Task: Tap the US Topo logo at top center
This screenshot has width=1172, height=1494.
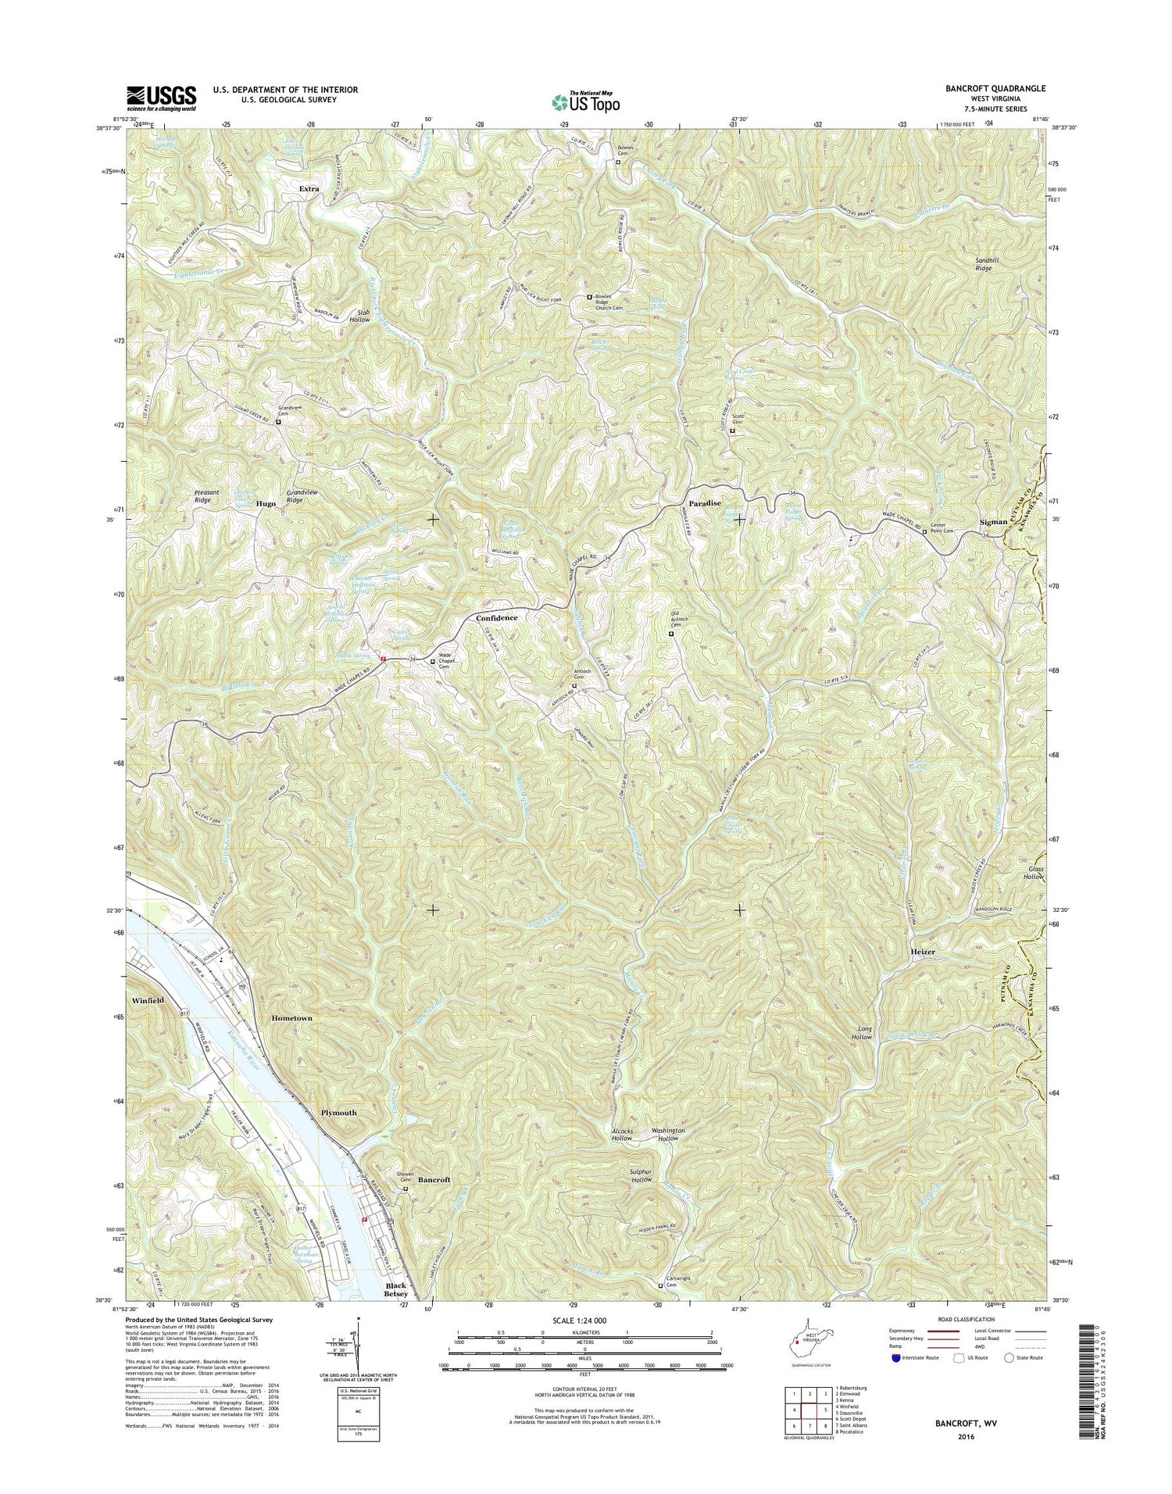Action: click(586, 101)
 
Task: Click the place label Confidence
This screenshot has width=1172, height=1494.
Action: click(496, 618)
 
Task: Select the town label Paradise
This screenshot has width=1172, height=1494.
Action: click(704, 504)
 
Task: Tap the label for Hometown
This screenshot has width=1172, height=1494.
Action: click(291, 1019)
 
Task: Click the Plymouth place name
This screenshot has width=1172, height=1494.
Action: click(338, 1113)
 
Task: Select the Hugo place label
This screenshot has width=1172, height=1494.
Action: click(266, 505)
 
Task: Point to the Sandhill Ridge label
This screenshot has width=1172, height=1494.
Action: click(983, 263)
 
